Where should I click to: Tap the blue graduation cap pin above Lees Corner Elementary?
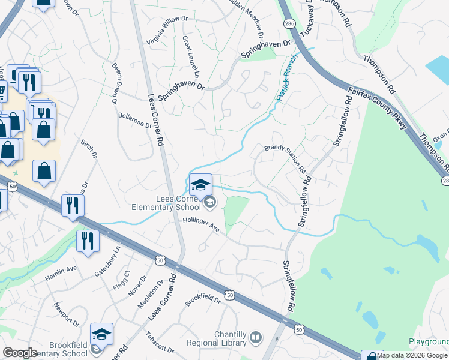click(x=201, y=184)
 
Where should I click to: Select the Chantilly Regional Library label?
click(x=231, y=338)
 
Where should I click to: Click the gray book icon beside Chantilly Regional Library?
click(x=256, y=337)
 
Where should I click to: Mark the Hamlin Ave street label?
click(x=61, y=274)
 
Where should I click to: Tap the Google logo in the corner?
click(x=20, y=353)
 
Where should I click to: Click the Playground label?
click(x=429, y=341)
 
